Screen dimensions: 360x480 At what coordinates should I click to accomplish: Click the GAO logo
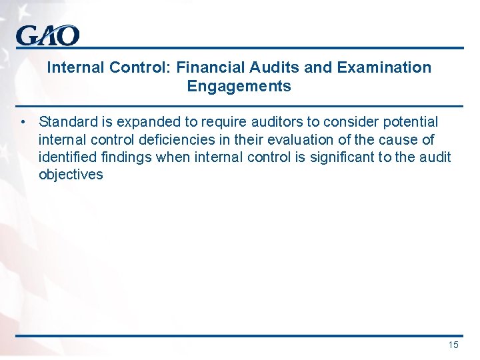pyautogui.click(x=47, y=35)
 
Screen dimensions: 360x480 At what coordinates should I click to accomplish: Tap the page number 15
pyautogui.click(x=453, y=345)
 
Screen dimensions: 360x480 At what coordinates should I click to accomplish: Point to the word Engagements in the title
pyautogui.click(x=239, y=87)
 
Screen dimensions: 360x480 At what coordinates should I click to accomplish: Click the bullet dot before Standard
pyautogui.click(x=23, y=122)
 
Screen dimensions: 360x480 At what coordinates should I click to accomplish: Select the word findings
pyautogui.click(x=123, y=157)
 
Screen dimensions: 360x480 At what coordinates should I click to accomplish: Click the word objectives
pyautogui.click(x=71, y=175)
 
